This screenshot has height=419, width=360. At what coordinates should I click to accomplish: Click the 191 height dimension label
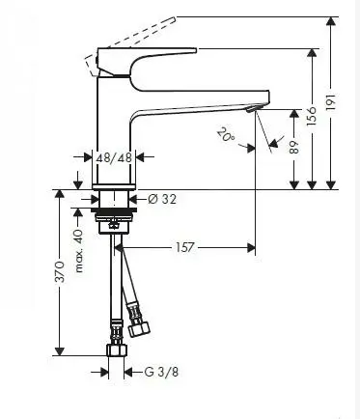(x=332, y=102)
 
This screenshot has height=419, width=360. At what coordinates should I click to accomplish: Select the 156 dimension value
(x=312, y=116)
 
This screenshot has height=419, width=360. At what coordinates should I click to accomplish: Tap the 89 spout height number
(x=294, y=147)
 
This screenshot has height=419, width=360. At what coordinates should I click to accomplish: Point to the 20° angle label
(x=226, y=134)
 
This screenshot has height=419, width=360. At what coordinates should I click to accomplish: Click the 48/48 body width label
(x=114, y=157)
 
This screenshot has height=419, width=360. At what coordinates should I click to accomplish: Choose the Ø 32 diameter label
(x=162, y=199)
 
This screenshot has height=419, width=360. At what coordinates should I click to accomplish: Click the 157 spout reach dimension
(x=185, y=247)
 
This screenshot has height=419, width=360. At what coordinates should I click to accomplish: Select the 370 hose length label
(x=60, y=272)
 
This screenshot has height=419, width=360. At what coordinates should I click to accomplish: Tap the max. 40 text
(x=78, y=251)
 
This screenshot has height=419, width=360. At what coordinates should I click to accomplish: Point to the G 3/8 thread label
(x=161, y=372)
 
